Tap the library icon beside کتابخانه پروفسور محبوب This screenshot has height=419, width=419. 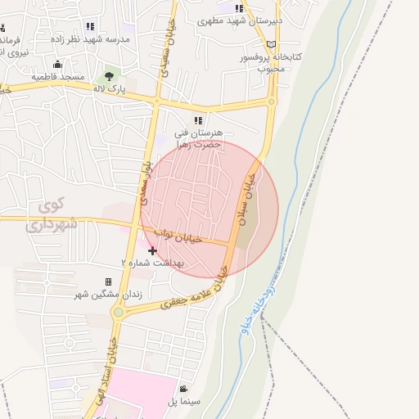click(x=271, y=43)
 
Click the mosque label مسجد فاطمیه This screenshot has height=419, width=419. click(x=59, y=76)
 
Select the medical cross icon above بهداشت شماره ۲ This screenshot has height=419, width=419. click(x=153, y=250)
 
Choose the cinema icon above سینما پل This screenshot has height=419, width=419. click(x=184, y=389)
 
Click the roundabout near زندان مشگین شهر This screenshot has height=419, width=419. click(x=120, y=312)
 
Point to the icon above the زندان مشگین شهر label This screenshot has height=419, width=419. click(x=108, y=282)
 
